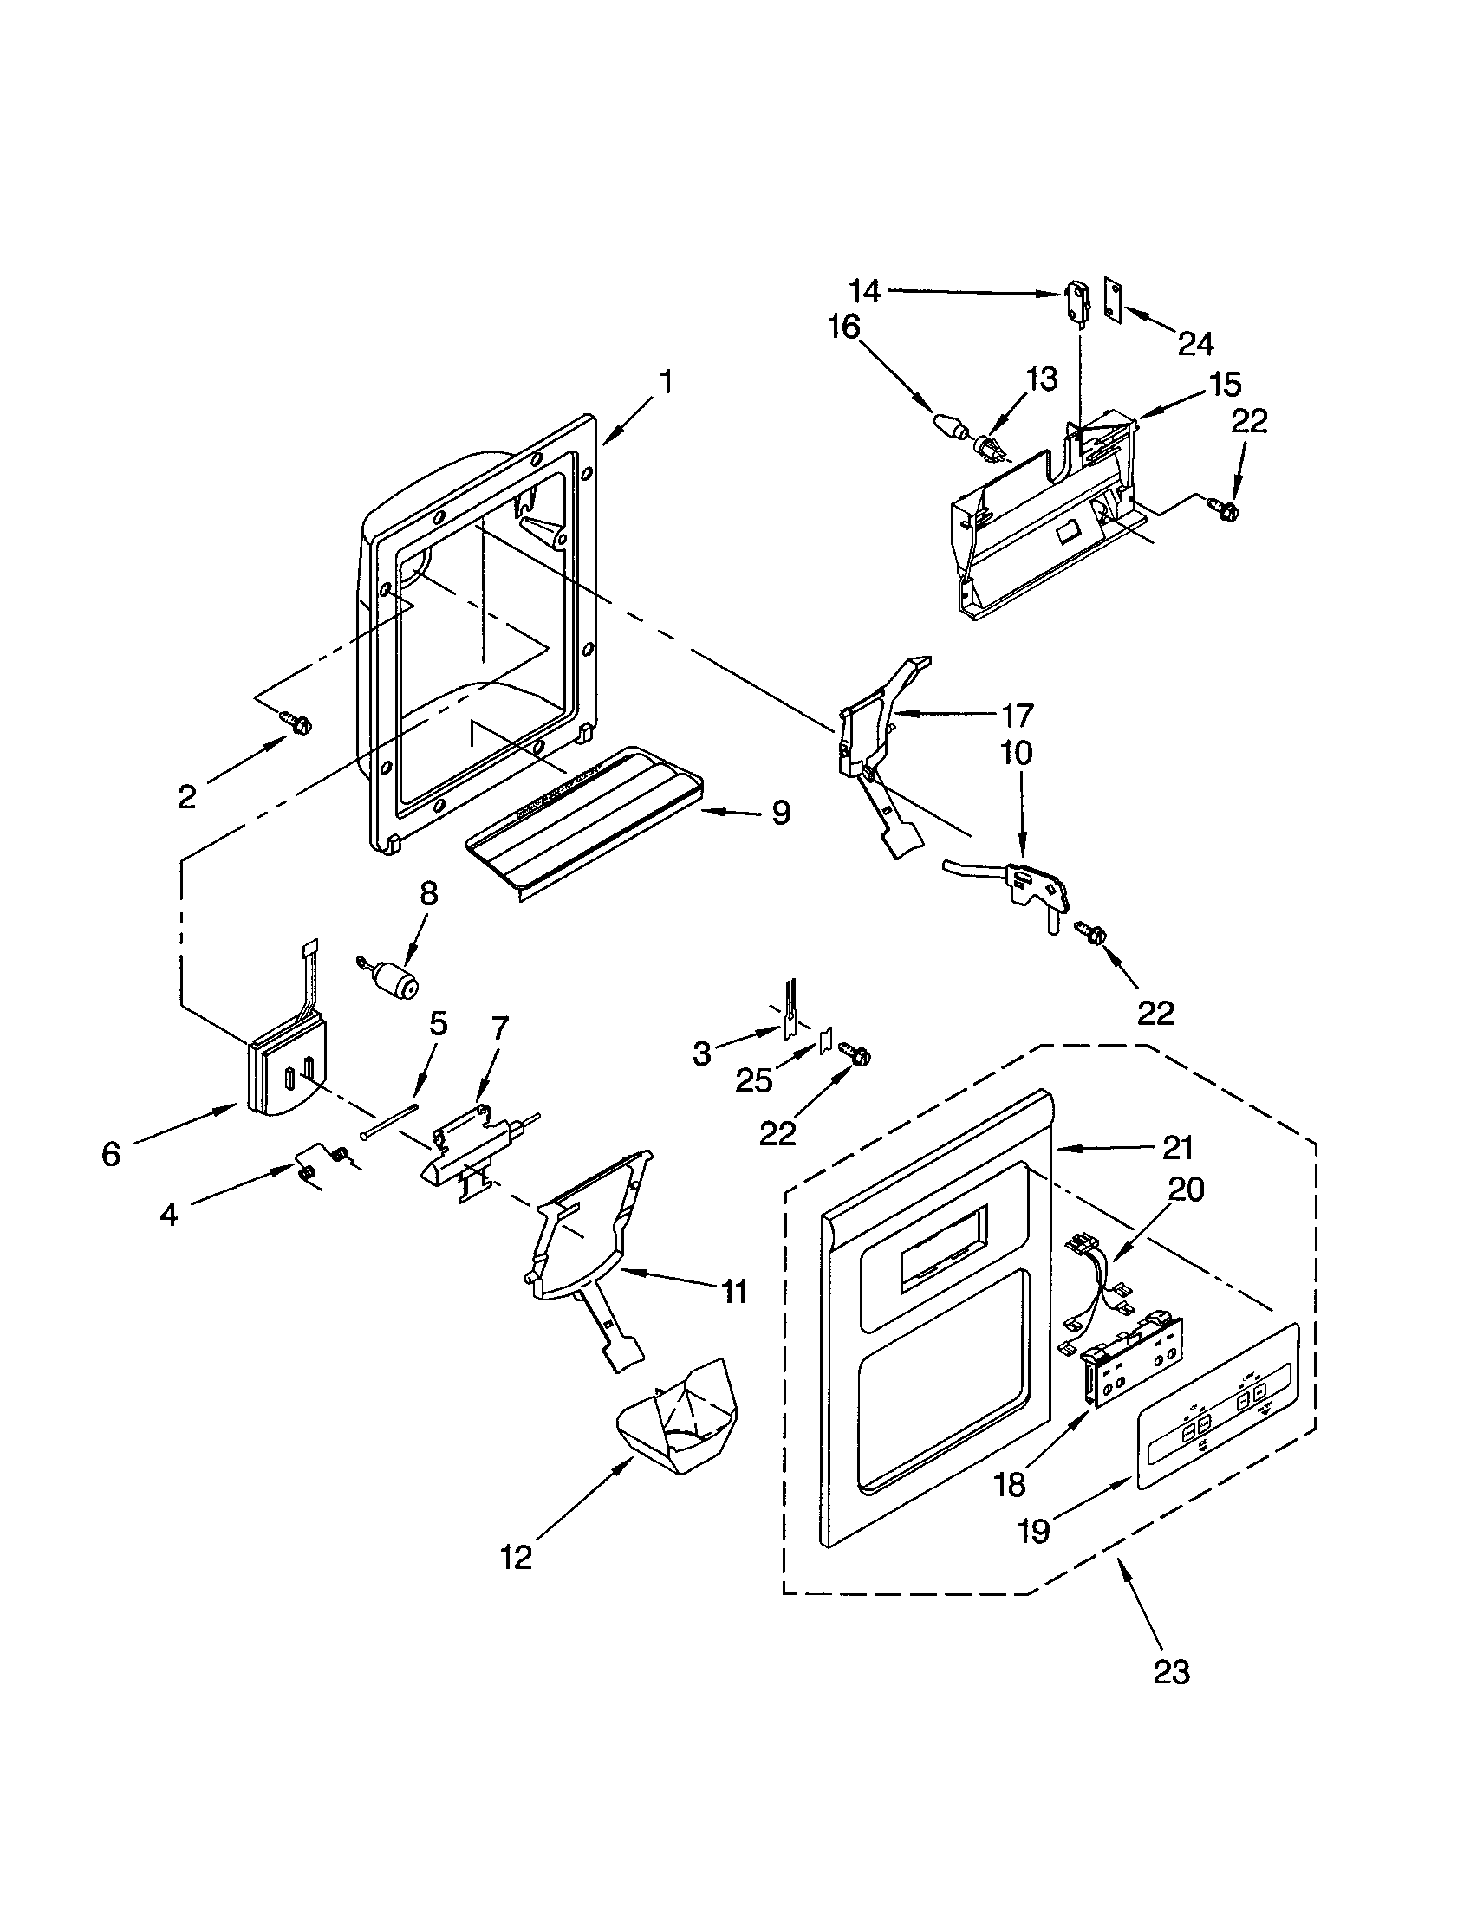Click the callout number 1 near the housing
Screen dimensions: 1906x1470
665,382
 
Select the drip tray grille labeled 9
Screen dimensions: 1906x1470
583,822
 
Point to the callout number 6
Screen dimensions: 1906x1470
111,1154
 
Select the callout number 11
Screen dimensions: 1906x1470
735,1291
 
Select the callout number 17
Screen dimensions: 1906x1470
1017,715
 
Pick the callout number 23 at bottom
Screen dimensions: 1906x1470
1171,1671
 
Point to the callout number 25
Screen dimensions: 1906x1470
754,1080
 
